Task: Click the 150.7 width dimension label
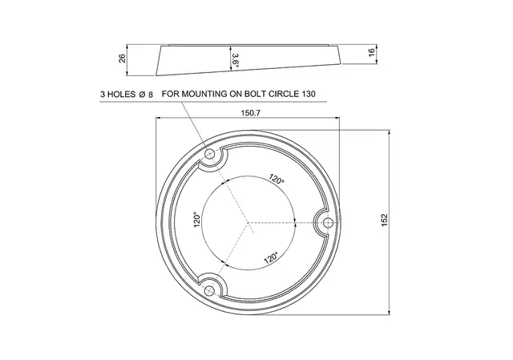[250, 113]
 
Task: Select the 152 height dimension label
[385, 220]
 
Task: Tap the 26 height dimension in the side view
[122, 59]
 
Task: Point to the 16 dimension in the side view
[372, 52]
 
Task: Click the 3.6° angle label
[235, 61]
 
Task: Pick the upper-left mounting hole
[209, 154]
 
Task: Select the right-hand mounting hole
[327, 223]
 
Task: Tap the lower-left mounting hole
[208, 290]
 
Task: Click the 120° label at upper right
[277, 179]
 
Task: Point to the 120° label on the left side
[196, 220]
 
